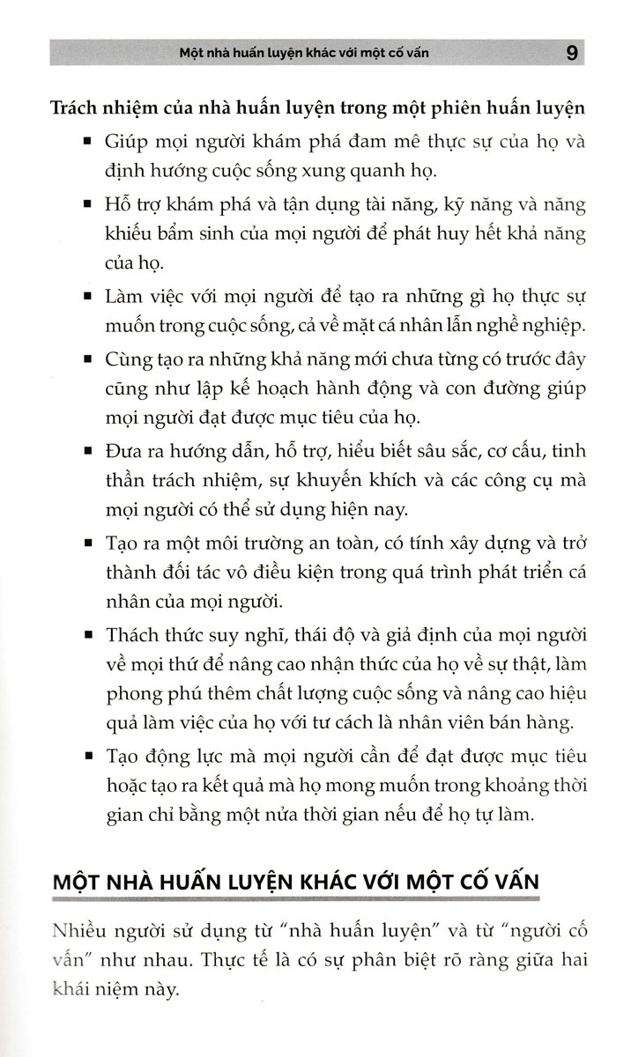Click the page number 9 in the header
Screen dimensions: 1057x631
571,53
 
